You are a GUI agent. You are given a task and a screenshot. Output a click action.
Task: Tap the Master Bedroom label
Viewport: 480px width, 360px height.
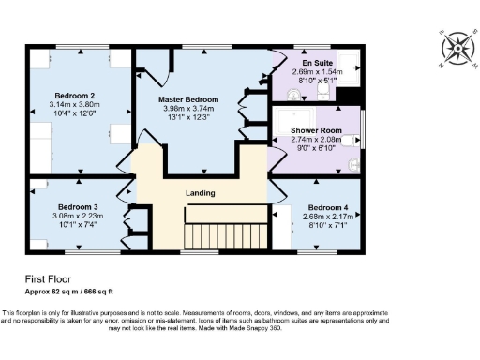click(188, 99)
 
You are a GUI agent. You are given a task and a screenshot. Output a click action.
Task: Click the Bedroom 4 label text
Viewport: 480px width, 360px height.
click(328, 206)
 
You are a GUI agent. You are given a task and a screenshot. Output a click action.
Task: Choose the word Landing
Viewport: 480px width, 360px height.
click(200, 193)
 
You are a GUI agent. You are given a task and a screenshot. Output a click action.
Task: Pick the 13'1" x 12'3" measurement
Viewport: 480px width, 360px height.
click(188, 116)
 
